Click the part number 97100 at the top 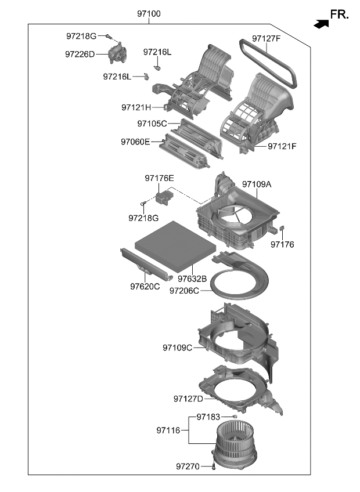point(149,13)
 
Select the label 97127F point(266,39)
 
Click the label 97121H point(136,107)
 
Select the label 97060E point(135,141)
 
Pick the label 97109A point(257,184)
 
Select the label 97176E point(159,178)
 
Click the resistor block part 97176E point(163,197)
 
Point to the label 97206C point(184,290)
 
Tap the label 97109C point(177,348)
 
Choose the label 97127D point(188,399)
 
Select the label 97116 point(170,430)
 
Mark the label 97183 point(208,417)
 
